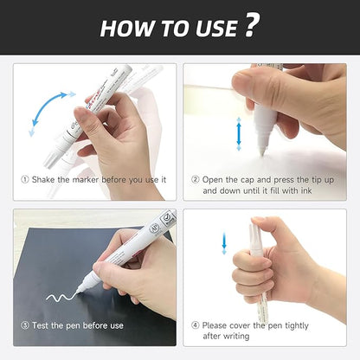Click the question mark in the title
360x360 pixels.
click(249, 26)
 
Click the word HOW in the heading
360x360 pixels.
click(125, 28)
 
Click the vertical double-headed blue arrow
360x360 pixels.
click(239, 136)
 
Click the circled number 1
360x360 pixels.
click(25, 179)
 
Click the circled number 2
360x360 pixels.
click(196, 179)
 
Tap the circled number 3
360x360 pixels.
click(25, 325)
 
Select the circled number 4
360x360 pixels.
click(196, 325)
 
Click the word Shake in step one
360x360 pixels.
click(46, 179)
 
